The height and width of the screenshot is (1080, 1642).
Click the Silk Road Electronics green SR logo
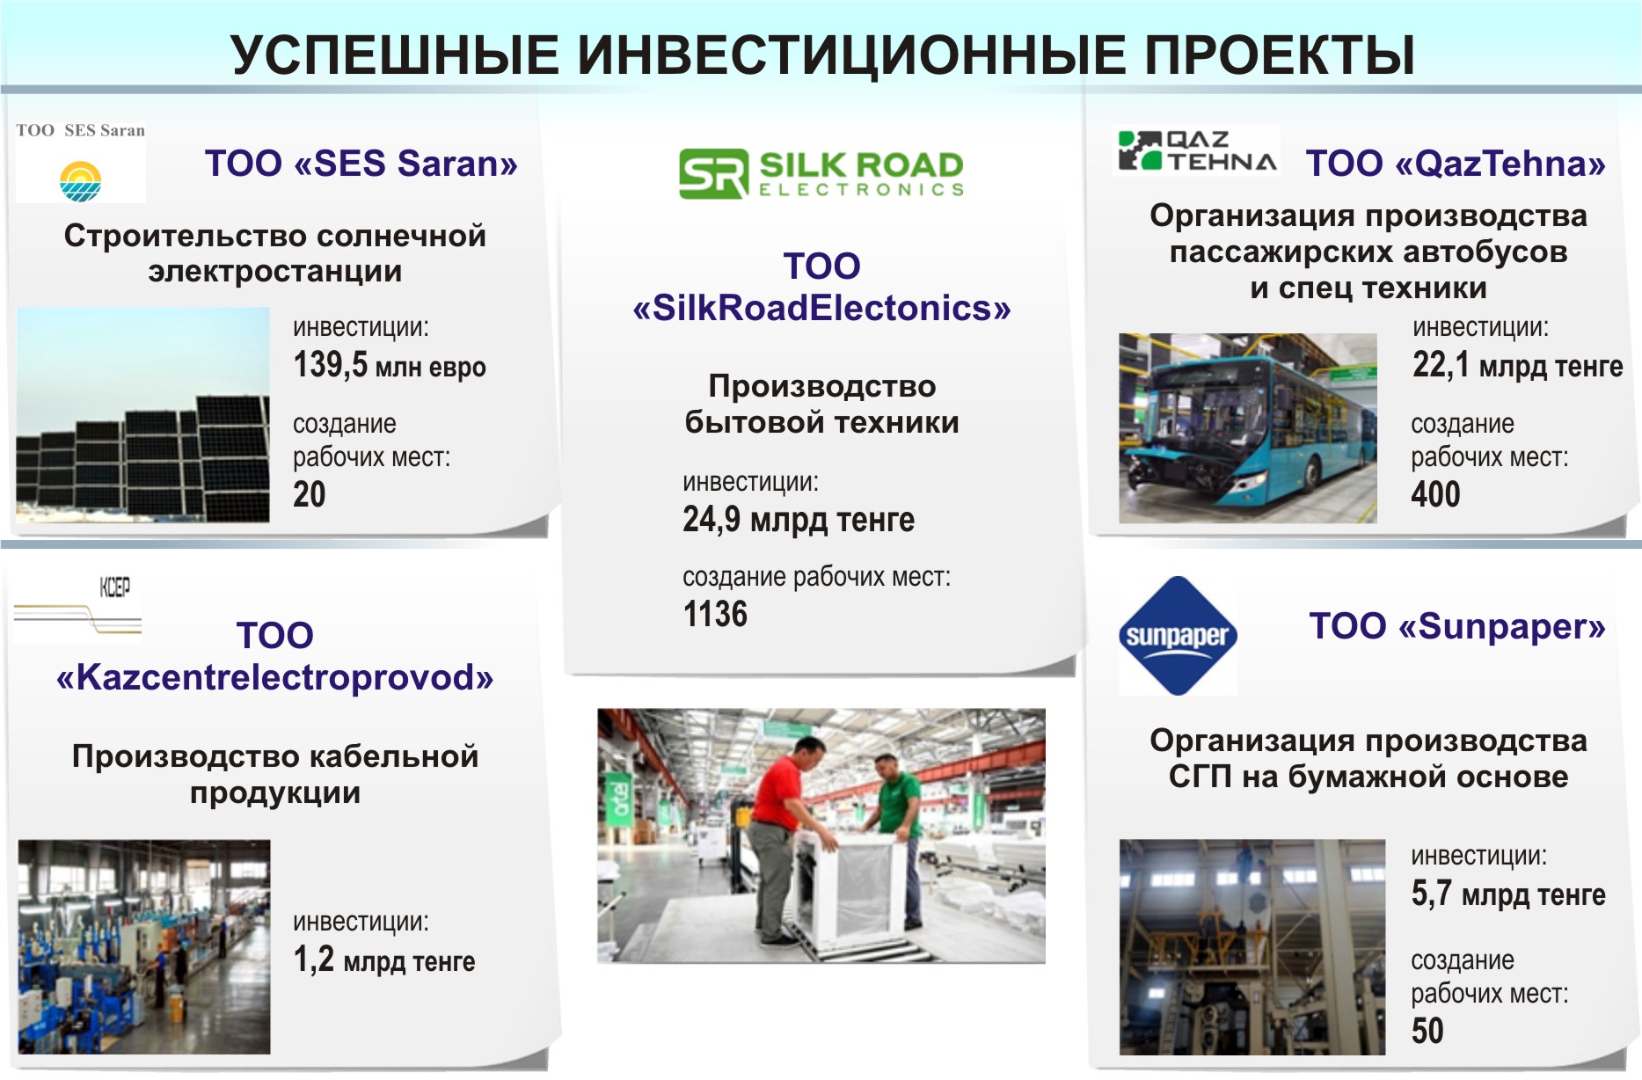click(x=713, y=173)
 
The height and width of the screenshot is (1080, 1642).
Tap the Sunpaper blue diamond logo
click(x=1178, y=636)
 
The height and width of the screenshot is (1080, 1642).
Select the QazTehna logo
click(x=1196, y=150)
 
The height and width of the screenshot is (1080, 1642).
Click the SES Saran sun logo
click(x=80, y=181)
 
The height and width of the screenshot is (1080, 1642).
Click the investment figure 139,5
click(x=330, y=364)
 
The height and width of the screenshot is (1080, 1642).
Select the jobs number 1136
click(x=715, y=614)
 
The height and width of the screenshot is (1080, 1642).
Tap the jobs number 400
click(x=1435, y=494)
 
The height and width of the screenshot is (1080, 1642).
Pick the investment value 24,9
click(x=712, y=519)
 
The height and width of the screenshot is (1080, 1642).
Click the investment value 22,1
click(x=1441, y=364)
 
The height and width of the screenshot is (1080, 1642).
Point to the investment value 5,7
click(x=1431, y=894)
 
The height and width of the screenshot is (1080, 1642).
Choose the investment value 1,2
click(x=314, y=960)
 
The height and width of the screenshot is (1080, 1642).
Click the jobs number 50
click(x=1427, y=1031)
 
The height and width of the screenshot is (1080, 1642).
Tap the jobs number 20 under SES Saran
click(x=310, y=494)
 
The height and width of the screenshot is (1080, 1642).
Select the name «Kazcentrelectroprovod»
click(x=274, y=677)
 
